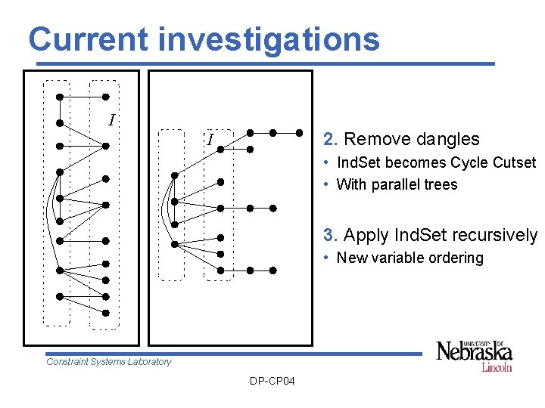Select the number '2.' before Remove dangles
tap(331, 139)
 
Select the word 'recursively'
tap(495, 235)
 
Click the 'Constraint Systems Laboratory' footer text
tap(109, 362)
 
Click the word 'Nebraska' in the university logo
tap(475, 353)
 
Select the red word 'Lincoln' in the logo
tap(497, 367)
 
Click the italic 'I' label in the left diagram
tap(112, 120)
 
